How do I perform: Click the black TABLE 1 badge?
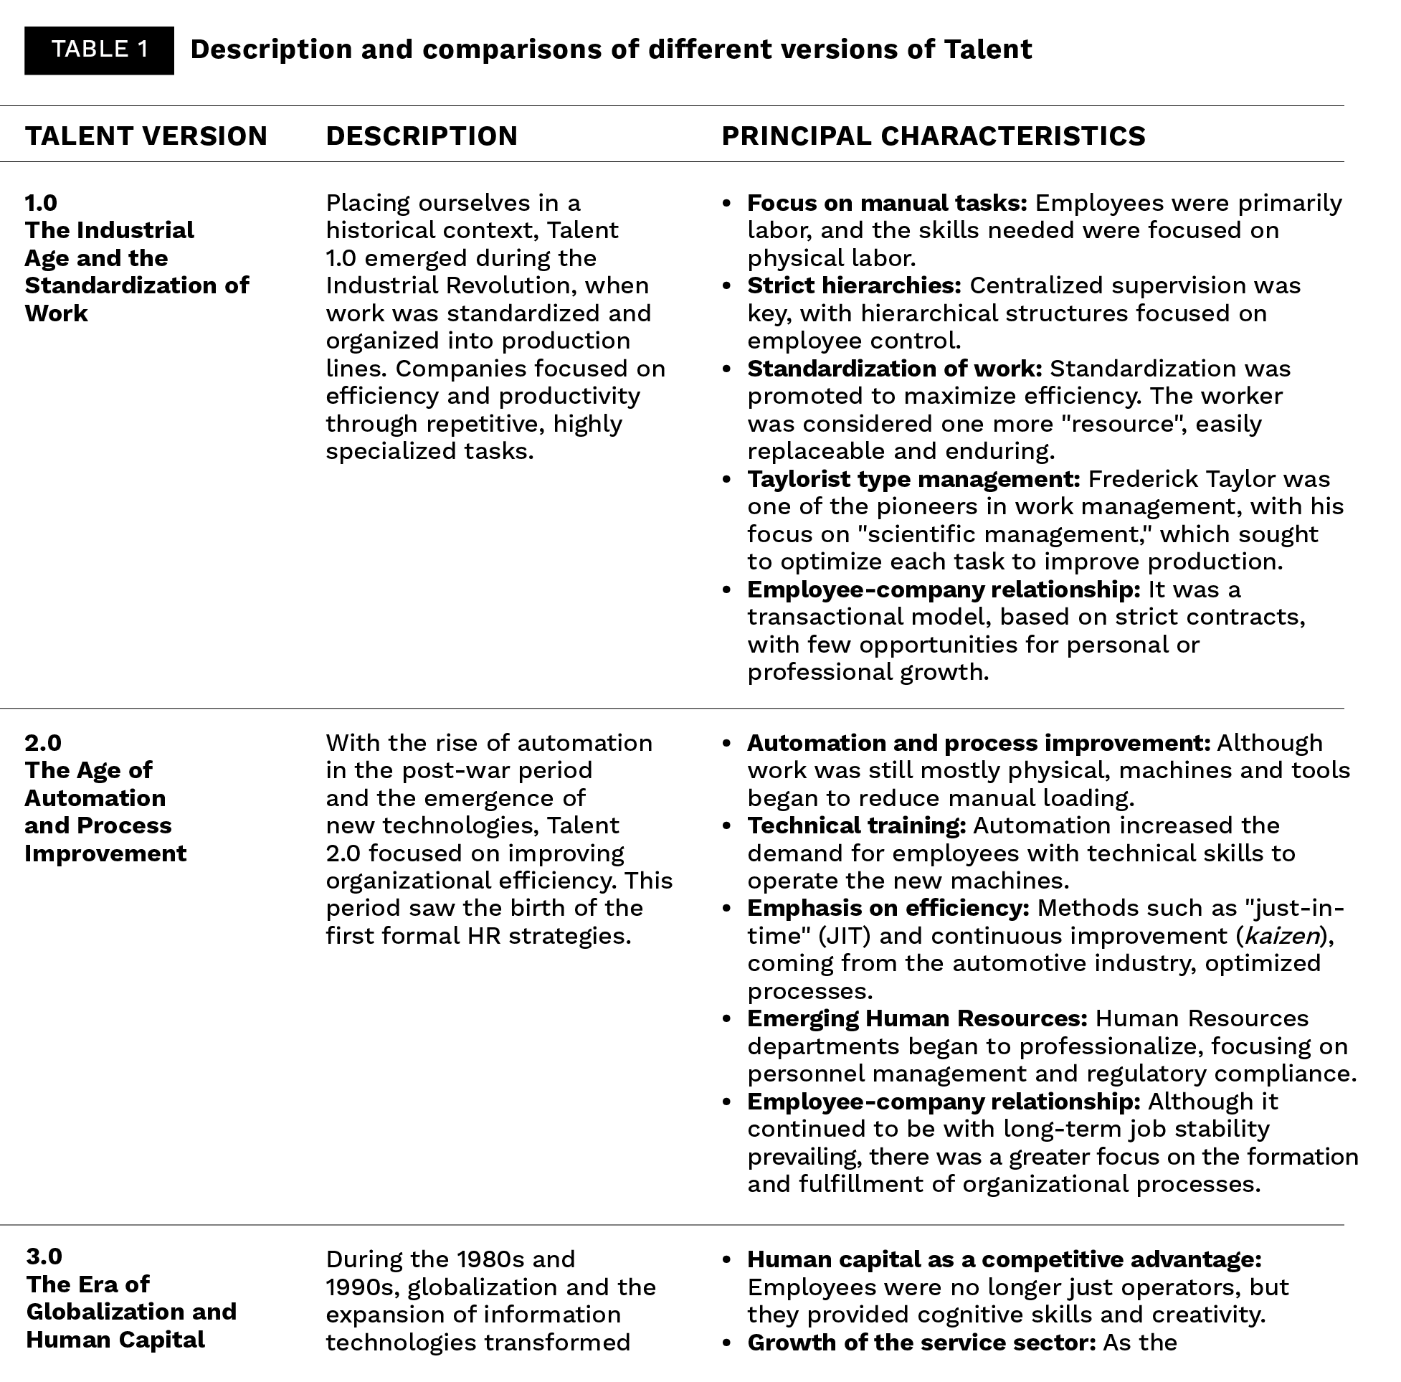coord(100,50)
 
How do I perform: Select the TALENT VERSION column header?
coord(146,136)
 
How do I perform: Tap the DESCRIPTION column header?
coord(422,136)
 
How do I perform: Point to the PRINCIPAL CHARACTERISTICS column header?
coord(934,136)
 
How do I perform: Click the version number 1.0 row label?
coord(42,202)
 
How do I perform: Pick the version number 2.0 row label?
coord(44,743)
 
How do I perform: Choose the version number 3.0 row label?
coord(44,1256)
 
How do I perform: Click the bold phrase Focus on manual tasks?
coord(887,203)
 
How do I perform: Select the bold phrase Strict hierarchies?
coord(854,286)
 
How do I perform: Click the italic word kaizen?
coord(1281,937)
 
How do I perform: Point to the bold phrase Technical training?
coord(856,825)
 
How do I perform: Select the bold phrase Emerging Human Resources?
coord(917,1019)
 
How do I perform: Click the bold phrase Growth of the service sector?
coord(921,1343)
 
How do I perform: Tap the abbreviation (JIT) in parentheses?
coord(845,937)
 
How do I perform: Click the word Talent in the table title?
coord(988,50)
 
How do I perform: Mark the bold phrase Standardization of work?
coord(894,369)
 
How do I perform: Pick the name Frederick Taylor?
coord(1209,480)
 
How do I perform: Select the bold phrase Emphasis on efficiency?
coord(888,908)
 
